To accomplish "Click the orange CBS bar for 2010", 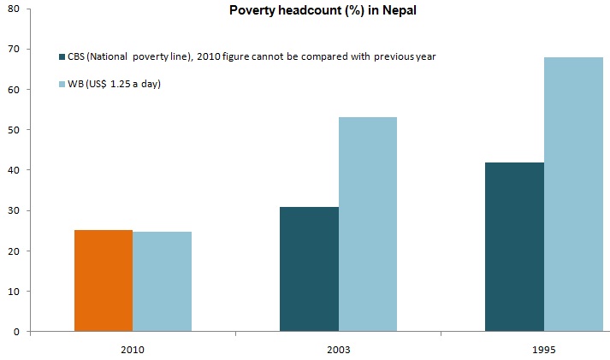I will (x=104, y=280).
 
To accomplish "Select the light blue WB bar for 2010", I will (x=162, y=281).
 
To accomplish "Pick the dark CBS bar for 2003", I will (x=309, y=269).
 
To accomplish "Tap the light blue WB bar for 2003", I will (x=367, y=224).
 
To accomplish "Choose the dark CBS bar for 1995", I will (x=514, y=246).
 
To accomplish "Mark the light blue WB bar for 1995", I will (x=572, y=194).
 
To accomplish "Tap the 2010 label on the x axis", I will (x=133, y=351).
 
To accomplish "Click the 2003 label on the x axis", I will (x=338, y=351).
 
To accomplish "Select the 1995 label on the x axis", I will (x=543, y=351).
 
